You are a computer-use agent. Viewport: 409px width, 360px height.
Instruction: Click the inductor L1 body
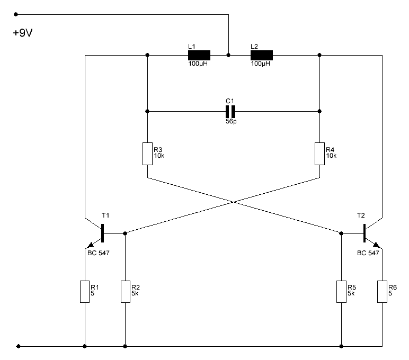coord(199,55)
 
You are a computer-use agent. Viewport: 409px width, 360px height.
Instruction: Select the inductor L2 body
coord(262,55)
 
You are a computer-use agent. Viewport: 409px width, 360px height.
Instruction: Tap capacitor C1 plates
coord(230,112)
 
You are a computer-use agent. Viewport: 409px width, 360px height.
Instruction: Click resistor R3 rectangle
coord(147,154)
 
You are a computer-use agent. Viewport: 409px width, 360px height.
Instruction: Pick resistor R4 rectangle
coord(319,154)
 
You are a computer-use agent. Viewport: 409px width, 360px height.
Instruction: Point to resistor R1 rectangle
coord(85,292)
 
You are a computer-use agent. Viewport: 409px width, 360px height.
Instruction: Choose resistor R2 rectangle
coord(126,292)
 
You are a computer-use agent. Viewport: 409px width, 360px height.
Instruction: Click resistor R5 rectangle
coord(341,292)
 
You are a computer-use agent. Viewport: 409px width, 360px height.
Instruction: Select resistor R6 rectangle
coord(382,292)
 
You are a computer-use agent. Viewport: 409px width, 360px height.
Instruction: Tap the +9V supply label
coord(23,33)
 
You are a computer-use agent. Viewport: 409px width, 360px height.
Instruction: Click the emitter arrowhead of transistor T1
coord(91,245)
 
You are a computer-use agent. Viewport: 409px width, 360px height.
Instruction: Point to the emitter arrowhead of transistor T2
coord(376,245)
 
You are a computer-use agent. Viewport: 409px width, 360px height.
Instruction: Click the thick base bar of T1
coord(102,233)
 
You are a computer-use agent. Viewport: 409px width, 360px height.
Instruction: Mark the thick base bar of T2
coord(364,233)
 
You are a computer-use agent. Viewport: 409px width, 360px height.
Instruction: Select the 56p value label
coord(231,121)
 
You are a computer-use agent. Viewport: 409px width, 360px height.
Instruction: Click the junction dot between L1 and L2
coord(228,55)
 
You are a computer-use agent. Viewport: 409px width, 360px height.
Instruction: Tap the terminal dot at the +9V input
coord(16,14)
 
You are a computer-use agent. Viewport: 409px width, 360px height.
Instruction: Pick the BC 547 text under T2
coord(368,253)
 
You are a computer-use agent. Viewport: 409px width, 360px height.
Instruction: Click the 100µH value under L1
coord(198,64)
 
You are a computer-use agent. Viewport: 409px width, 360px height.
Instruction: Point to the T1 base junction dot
coord(125,233)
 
